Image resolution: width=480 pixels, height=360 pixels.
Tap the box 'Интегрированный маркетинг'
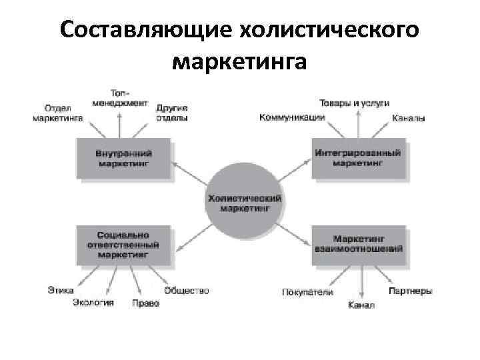pos(358,157)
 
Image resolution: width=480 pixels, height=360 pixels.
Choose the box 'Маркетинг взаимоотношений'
pos(358,244)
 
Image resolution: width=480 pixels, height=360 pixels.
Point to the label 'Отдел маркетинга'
pos(57,113)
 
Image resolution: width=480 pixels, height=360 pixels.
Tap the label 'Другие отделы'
pos(171,113)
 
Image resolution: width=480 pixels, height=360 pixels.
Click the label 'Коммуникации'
pos(292,117)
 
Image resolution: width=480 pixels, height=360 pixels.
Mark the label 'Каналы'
pos(408,118)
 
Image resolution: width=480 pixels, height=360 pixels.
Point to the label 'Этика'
pos(61,290)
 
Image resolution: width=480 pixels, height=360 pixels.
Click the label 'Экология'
pos(93,303)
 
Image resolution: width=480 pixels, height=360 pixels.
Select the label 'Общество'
pos(187,290)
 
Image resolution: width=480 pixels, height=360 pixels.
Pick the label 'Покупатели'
pos(307,292)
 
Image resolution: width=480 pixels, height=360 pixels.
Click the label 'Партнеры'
pos(410,291)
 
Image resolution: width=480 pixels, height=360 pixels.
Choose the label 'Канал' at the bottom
pos(361,305)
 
